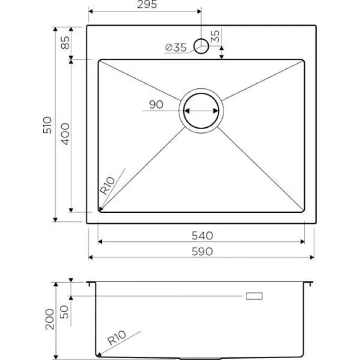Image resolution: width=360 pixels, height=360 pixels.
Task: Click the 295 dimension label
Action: click(x=147, y=4)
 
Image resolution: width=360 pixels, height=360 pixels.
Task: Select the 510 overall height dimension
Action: click(x=48, y=125)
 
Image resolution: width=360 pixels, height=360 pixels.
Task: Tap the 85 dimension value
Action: click(x=65, y=42)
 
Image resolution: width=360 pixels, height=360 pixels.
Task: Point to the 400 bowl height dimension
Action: click(x=65, y=134)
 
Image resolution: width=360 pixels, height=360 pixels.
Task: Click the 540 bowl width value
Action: click(x=202, y=235)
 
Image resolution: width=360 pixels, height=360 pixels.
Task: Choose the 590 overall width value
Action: click(x=202, y=252)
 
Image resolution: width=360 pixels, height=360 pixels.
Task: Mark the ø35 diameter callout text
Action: click(x=176, y=48)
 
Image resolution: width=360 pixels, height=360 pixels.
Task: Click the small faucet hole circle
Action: click(x=201, y=46)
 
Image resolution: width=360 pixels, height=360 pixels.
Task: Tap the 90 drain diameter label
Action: click(x=156, y=104)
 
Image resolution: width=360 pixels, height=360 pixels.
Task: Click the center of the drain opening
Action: click(x=201, y=111)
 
